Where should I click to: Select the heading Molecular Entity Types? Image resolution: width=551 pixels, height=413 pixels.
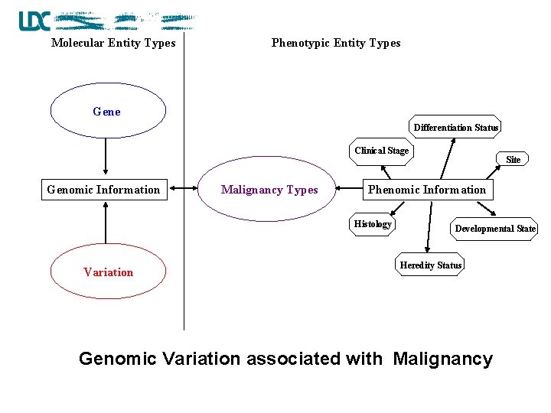coord(113,43)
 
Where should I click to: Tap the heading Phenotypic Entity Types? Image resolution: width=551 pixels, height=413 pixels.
coord(336,43)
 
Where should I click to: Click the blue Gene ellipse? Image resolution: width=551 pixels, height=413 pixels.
coord(108,112)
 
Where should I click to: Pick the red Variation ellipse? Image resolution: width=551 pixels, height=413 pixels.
coord(108,272)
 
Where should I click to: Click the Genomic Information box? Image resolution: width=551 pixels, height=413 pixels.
coord(104,190)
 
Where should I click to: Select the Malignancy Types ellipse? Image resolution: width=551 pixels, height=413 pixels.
coord(269,190)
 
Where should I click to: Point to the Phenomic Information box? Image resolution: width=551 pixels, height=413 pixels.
coord(427,190)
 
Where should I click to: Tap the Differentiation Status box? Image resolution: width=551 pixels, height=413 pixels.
coord(456,128)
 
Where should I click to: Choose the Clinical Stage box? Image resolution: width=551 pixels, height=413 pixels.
coord(381,151)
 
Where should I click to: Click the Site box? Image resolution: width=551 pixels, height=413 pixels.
coord(513,160)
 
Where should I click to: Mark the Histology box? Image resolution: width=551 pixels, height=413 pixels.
coord(373,224)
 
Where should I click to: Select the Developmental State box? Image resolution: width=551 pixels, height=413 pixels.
coord(495,229)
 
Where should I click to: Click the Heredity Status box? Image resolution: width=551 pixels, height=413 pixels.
coord(431,265)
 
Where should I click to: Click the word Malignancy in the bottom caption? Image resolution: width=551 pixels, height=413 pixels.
coord(442,359)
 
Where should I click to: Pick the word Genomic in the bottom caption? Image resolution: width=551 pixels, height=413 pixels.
coord(117,359)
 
